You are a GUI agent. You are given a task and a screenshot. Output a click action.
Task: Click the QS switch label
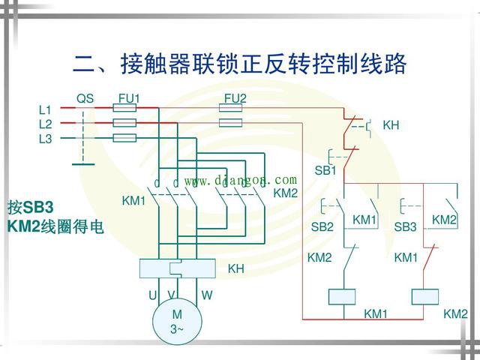pyautogui.click(x=85, y=98)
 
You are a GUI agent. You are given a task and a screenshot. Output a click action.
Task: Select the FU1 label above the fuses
pyautogui.click(x=129, y=98)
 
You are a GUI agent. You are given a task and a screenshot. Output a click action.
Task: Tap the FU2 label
pyautogui.click(x=235, y=98)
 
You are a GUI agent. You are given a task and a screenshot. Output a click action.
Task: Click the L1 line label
pyautogui.click(x=45, y=109)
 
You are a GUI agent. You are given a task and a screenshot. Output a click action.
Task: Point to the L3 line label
pyautogui.click(x=45, y=139)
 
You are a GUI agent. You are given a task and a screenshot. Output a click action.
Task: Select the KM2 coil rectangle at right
pyautogui.click(x=424, y=295)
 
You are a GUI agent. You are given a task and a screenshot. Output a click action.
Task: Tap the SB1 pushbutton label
pyautogui.click(x=325, y=170)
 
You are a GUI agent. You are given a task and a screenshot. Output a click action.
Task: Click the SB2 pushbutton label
pyautogui.click(x=322, y=226)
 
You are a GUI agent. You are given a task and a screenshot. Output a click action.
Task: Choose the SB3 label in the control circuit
pyautogui.click(x=405, y=226)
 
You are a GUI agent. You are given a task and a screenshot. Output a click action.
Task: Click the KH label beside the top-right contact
pyautogui.click(x=391, y=125)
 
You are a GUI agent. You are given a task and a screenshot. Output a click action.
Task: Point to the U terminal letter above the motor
pyautogui.click(x=152, y=295)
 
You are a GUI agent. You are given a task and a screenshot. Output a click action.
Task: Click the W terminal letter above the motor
pyautogui.click(x=206, y=295)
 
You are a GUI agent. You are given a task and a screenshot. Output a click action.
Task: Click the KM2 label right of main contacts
pyautogui.click(x=286, y=193)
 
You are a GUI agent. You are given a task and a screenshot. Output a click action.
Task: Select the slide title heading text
pyautogui.click(x=239, y=63)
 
